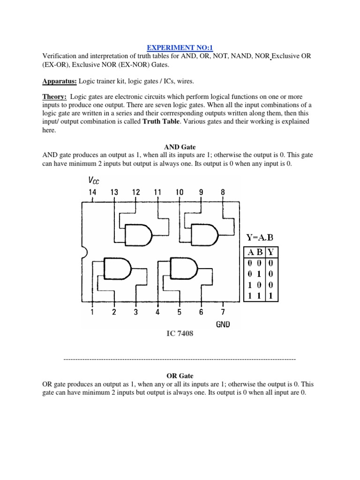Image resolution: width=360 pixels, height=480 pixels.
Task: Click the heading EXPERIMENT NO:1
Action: (180, 48)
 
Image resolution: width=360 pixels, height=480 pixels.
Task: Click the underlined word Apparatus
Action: (59, 82)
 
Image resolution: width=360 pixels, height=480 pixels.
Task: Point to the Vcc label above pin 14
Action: (94, 180)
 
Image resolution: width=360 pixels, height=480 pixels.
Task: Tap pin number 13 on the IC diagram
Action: (114, 192)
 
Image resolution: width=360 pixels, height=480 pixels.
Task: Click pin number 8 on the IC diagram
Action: (223, 192)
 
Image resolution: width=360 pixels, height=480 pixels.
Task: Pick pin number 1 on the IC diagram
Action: (92, 312)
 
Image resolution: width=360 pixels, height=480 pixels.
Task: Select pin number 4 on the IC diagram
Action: (157, 312)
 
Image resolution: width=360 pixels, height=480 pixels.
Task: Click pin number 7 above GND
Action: (223, 312)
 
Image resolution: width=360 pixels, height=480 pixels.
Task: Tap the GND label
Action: (223, 324)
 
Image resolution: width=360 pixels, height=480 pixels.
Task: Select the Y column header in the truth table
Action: (271, 252)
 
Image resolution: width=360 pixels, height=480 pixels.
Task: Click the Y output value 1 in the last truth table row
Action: (271, 296)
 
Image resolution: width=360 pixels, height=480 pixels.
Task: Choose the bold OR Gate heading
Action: (180, 376)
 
